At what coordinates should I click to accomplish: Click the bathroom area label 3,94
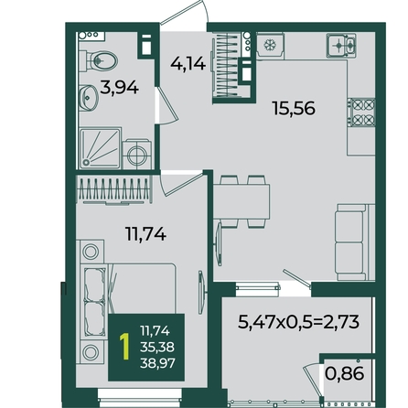point(119,88)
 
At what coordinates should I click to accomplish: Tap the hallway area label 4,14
point(188,64)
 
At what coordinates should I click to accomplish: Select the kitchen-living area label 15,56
point(294,108)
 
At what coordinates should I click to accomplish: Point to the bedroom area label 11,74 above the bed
point(145,234)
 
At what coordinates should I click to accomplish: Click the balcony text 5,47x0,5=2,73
point(298,322)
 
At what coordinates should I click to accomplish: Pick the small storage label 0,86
point(345,373)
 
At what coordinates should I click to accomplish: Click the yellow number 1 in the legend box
point(124,347)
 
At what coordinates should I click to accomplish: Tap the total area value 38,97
point(157,363)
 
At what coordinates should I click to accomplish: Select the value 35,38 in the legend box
point(157,347)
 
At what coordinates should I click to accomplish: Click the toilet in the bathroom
point(99,61)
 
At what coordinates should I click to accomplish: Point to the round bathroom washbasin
point(89,98)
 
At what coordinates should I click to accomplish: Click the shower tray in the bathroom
point(100,148)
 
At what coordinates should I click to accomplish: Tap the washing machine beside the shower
point(137,155)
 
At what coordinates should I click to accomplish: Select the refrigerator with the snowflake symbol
point(270,46)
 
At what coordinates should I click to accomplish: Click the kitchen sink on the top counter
point(341,46)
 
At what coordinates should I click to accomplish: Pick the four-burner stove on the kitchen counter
point(362,113)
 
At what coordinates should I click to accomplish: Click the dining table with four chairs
point(242,201)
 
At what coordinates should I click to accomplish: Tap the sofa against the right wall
point(355,242)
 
